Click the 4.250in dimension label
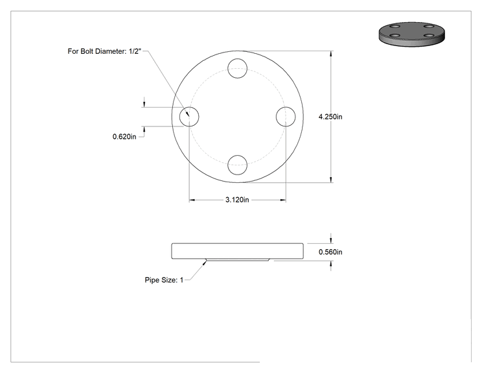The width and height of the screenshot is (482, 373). pyautogui.click(x=330, y=117)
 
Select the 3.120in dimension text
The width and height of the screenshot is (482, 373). pyautogui.click(x=237, y=200)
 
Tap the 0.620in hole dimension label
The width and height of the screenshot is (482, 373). pyautogui.click(x=124, y=136)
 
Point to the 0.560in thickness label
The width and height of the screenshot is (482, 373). pyautogui.click(x=330, y=252)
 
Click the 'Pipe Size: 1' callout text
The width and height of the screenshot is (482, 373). pyautogui.click(x=164, y=280)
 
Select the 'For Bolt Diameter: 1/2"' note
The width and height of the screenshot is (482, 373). pyautogui.click(x=104, y=51)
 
